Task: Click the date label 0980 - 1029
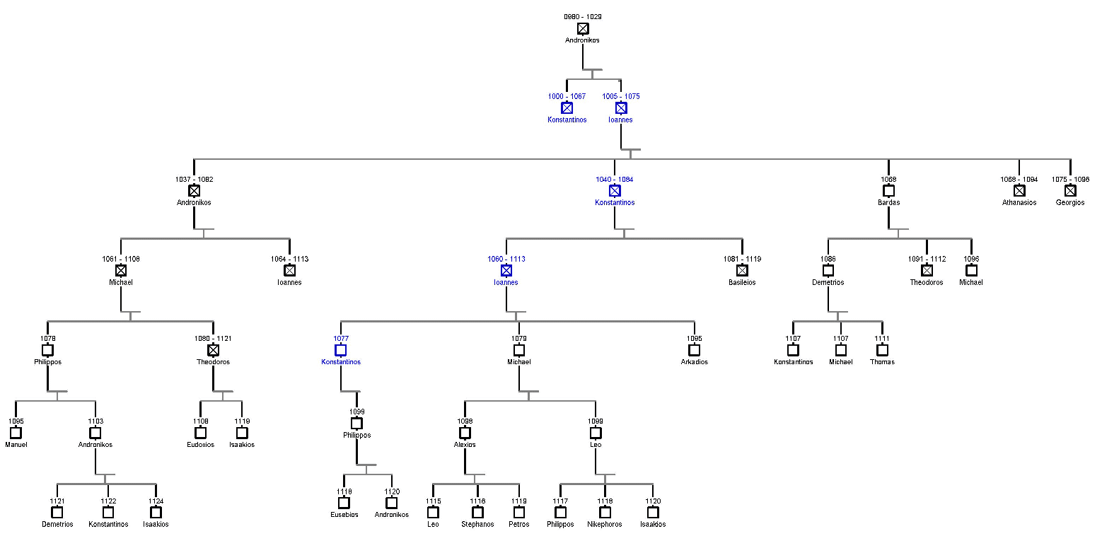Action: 582,16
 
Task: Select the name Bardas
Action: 888,202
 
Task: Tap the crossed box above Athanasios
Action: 1019,191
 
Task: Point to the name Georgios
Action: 1070,202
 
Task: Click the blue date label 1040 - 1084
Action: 614,180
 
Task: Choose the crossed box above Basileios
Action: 742,271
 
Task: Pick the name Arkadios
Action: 694,362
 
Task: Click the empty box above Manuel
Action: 16,433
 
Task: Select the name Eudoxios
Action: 201,445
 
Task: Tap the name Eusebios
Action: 344,515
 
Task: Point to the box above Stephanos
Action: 477,513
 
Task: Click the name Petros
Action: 518,525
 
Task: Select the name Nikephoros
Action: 605,525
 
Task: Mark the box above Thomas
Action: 882,350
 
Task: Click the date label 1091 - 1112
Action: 927,259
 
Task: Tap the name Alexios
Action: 465,445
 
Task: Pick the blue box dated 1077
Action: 341,350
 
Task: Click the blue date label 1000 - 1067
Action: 567,96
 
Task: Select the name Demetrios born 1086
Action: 828,282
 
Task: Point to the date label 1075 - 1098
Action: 1070,180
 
